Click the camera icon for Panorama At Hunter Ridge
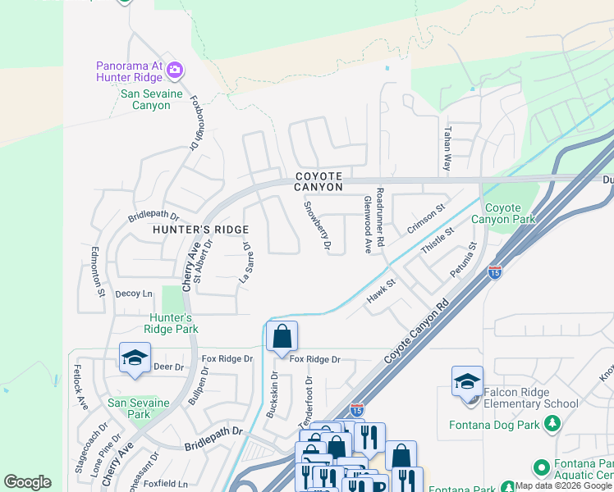(174, 71)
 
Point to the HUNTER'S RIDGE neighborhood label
(188, 230)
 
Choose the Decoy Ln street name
(134, 294)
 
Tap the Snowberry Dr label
(317, 225)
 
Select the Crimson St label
(426, 219)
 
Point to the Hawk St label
(381, 291)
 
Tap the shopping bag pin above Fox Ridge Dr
(282, 337)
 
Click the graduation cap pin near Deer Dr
(135, 358)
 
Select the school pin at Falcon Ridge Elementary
(467, 382)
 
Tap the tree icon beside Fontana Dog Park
(553, 423)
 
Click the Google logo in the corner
(27, 482)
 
